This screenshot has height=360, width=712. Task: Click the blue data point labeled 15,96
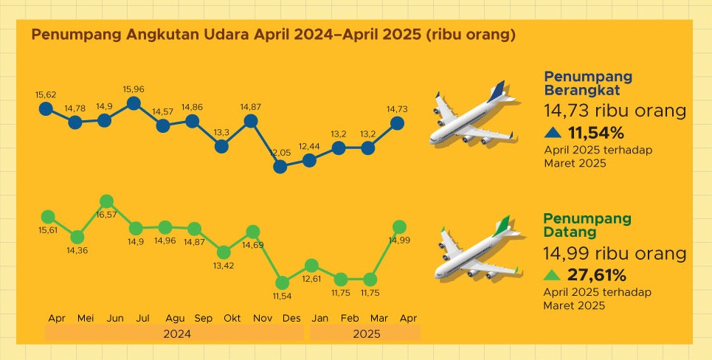click(134, 103)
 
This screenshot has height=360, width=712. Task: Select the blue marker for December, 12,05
click(280, 167)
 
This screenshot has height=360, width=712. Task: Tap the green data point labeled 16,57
click(106, 201)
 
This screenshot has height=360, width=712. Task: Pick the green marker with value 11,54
click(281, 283)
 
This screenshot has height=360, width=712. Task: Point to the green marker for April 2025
click(399, 226)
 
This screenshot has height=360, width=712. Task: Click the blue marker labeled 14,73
click(397, 122)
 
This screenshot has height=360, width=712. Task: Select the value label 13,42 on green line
click(223, 266)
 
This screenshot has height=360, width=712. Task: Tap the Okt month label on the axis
click(232, 318)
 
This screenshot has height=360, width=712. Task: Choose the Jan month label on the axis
click(320, 318)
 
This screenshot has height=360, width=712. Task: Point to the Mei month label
click(86, 318)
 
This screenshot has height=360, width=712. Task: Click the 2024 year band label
click(176, 334)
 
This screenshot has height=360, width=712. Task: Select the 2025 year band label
click(366, 334)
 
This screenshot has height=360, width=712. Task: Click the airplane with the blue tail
click(473, 116)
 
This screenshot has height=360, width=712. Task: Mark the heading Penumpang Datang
click(587, 225)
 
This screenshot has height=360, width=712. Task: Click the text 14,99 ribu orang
click(615, 254)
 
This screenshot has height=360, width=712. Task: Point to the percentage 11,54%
click(596, 134)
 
